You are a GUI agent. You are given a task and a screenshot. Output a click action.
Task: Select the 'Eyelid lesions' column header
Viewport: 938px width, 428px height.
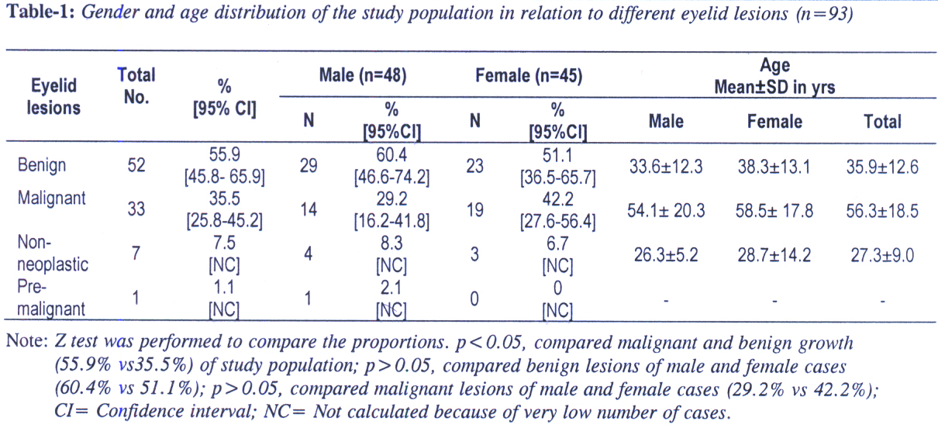(x=54, y=97)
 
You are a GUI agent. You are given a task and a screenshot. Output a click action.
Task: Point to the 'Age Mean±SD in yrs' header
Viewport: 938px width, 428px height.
(x=774, y=77)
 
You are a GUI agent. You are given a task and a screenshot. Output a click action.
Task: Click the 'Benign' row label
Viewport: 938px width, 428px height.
(x=41, y=165)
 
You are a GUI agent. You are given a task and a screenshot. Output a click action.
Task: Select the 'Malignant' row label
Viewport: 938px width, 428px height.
(x=51, y=198)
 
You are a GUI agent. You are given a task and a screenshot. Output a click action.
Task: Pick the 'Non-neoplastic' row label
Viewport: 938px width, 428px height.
(x=53, y=254)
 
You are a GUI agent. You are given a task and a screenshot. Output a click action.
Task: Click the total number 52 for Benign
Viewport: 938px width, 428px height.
(x=136, y=166)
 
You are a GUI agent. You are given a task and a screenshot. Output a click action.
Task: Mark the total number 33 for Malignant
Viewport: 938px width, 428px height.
(x=136, y=209)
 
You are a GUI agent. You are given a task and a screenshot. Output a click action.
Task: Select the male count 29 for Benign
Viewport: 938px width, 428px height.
(x=308, y=166)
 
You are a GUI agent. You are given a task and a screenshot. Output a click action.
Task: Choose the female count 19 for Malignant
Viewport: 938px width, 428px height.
(x=475, y=209)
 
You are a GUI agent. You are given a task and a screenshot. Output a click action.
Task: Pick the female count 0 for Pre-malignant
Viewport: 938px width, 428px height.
(x=474, y=299)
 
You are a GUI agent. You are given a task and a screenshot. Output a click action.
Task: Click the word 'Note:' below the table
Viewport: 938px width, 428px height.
(x=26, y=341)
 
